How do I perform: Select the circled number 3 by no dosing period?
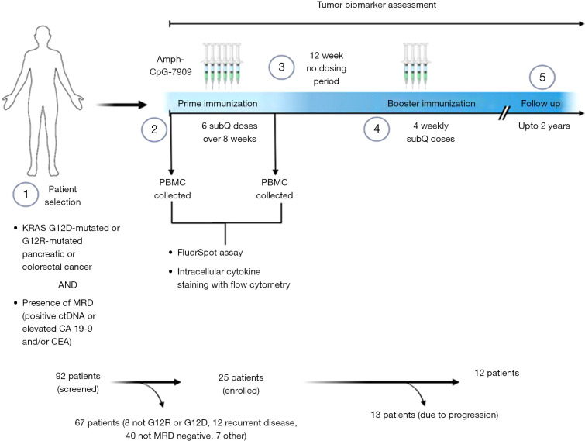coord(282,68)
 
